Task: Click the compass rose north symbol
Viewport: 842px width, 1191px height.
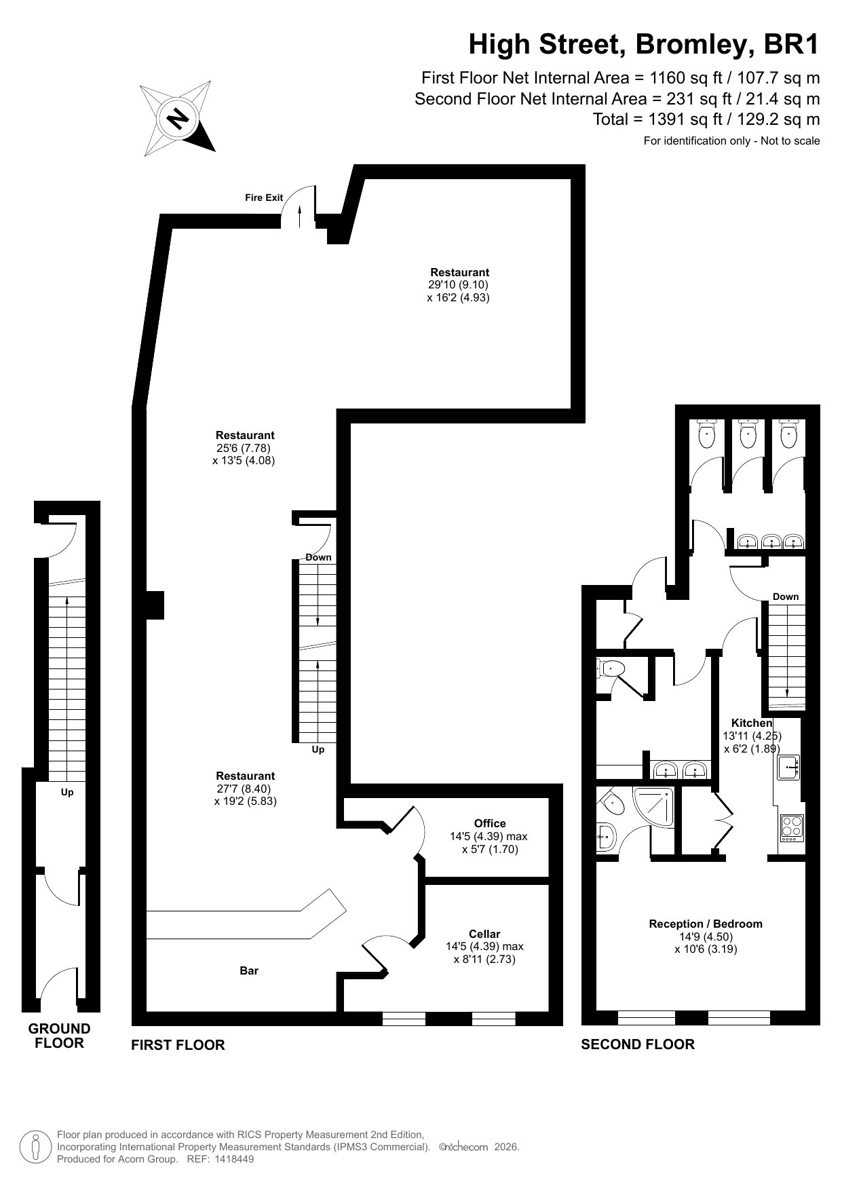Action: pyautogui.click(x=178, y=119)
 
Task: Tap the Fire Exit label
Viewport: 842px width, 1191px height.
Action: pyautogui.click(x=264, y=197)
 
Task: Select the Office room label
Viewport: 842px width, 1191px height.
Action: pyautogui.click(x=490, y=823)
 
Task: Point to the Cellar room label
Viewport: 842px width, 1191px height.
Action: pyautogui.click(x=484, y=934)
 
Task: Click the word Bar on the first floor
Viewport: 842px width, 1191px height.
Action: pyautogui.click(x=249, y=971)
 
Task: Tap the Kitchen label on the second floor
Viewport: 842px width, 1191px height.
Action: pyautogui.click(x=752, y=723)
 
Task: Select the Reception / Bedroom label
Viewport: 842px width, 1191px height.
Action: pyautogui.click(x=706, y=924)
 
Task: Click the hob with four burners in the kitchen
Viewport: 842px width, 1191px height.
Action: pyautogui.click(x=792, y=828)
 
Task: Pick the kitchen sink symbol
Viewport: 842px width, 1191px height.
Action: pyautogui.click(x=789, y=767)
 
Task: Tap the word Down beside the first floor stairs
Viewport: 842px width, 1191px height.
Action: pyautogui.click(x=318, y=557)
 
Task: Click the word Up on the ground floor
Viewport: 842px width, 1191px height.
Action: pyautogui.click(x=67, y=792)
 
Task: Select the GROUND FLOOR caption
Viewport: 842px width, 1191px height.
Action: pyautogui.click(x=59, y=1036)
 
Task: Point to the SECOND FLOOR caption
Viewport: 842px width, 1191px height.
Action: pyautogui.click(x=638, y=1044)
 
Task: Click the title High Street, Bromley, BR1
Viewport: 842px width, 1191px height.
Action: pyautogui.click(x=645, y=45)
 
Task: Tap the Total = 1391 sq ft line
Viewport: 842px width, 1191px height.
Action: pyautogui.click(x=706, y=119)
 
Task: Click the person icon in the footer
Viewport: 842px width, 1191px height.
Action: pyautogui.click(x=35, y=1146)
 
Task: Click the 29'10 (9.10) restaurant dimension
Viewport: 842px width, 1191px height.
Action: pyautogui.click(x=458, y=285)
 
